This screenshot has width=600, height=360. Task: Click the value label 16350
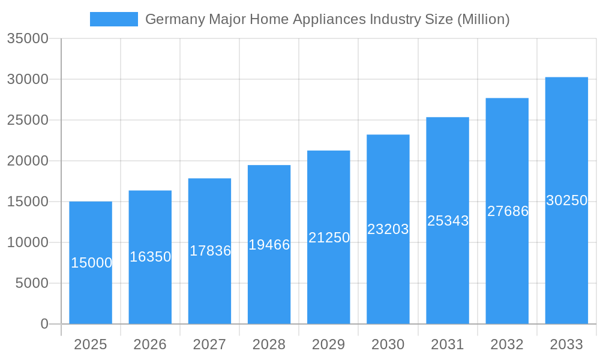point(151,257)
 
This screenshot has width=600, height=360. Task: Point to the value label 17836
point(210,251)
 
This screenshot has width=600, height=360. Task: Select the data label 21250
point(329,238)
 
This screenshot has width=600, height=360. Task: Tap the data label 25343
point(448,221)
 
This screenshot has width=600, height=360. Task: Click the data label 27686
point(508,211)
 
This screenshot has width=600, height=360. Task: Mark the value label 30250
point(566,200)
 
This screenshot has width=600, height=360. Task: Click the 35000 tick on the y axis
point(27,38)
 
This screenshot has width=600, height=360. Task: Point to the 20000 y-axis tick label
point(27,161)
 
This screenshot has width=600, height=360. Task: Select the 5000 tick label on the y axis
point(32,283)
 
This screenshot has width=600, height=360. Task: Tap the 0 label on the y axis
point(44,324)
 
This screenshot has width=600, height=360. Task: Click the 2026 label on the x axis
point(150,344)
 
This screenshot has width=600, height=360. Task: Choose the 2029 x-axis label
point(329,344)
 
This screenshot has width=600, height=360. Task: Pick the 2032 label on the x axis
point(507,344)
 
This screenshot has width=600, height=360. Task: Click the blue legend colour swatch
point(114,19)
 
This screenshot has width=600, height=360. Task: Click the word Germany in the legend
point(175,20)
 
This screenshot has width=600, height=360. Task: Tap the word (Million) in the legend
point(483,20)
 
